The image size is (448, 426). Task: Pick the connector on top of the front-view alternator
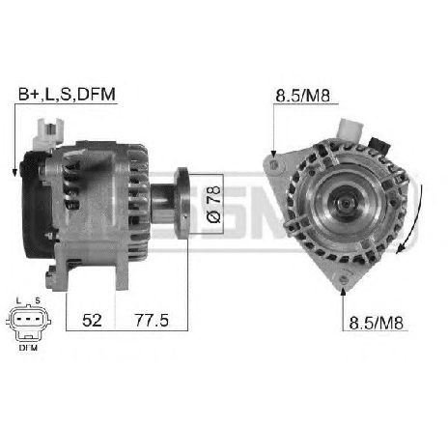(x=351, y=129)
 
